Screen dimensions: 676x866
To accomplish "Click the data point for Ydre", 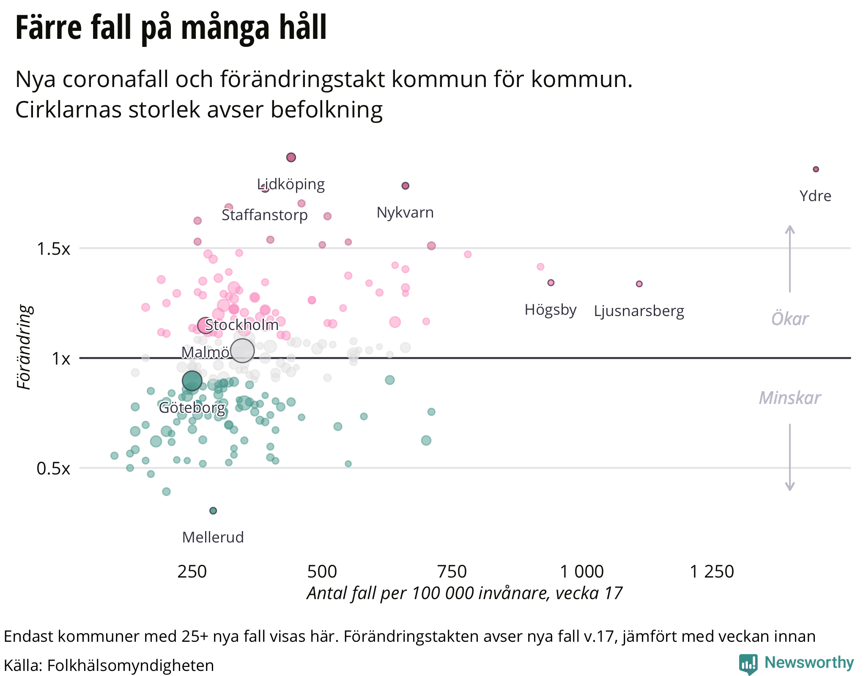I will (816, 169).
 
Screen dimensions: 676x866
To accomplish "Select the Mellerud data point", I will (213, 511).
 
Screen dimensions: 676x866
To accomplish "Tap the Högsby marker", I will (551, 283).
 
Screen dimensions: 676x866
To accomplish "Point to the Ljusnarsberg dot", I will (639, 284).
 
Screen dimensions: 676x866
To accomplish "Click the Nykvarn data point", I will (405, 186).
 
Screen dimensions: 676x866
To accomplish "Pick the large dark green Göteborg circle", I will (192, 381).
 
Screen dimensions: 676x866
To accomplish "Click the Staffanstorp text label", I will (265, 215).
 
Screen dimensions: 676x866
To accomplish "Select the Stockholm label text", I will (242, 325).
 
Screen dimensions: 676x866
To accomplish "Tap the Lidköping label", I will (291, 184).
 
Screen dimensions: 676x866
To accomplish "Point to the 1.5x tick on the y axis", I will (53, 249).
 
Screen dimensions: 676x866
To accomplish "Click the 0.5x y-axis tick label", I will (53, 469).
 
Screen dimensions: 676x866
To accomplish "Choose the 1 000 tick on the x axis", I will (582, 572).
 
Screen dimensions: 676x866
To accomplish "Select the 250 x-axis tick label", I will (192, 572).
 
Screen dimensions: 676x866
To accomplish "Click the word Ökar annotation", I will (789, 319).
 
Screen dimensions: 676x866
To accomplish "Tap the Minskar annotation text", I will (789, 398).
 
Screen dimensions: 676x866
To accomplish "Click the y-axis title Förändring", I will (25, 347).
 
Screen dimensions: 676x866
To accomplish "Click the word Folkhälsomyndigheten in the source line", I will (130, 665).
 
